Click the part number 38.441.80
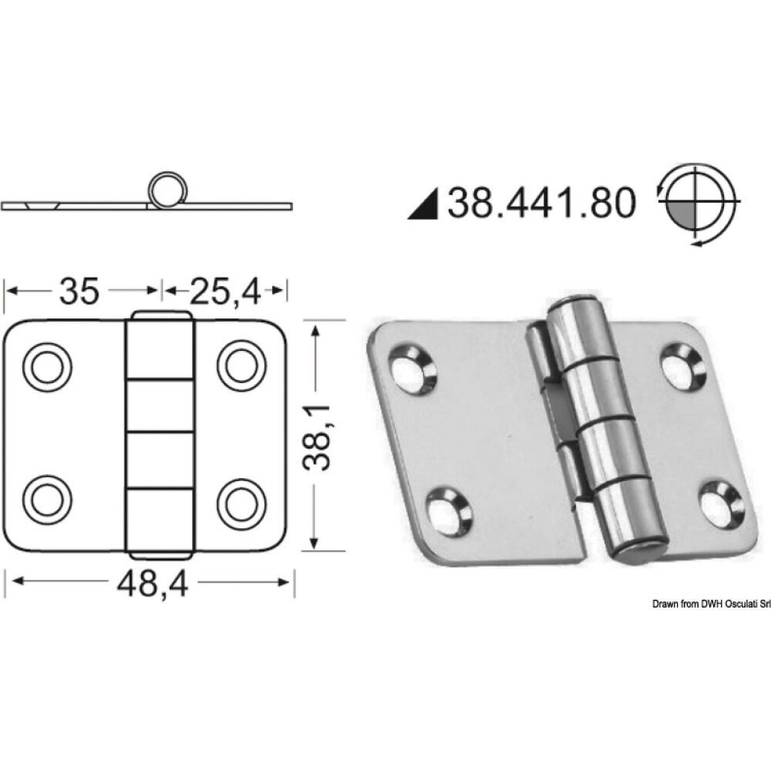(541, 202)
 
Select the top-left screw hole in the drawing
(45, 365)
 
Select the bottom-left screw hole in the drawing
(45, 500)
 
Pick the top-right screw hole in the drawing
(238, 365)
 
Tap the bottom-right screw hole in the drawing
(238, 500)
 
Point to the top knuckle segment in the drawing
(160, 347)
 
